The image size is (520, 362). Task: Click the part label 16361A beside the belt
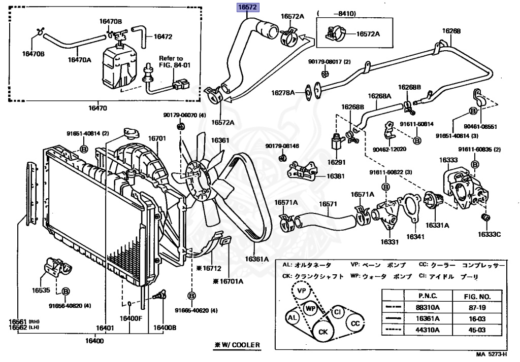click(256, 259)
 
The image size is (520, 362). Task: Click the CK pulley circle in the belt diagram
click(323, 333)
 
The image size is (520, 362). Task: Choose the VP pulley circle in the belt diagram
click(302, 291)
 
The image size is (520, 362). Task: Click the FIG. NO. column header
click(476, 296)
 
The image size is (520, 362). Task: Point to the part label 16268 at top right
click(451, 31)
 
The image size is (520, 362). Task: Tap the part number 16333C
click(489, 234)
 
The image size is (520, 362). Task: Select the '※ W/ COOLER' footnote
click(237, 345)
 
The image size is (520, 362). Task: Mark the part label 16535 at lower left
click(41, 291)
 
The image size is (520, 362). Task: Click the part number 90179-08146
click(282, 146)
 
